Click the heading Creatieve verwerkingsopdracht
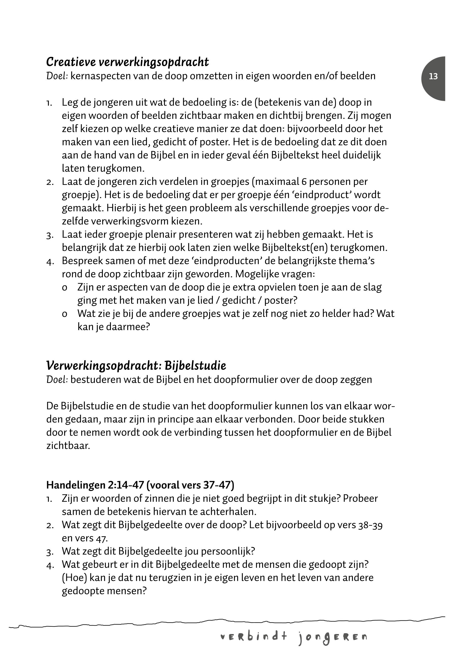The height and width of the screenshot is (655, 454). coord(127,62)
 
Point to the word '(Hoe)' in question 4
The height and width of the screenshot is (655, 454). coord(74,578)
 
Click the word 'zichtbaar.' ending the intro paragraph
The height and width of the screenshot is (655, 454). coord(68,446)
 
